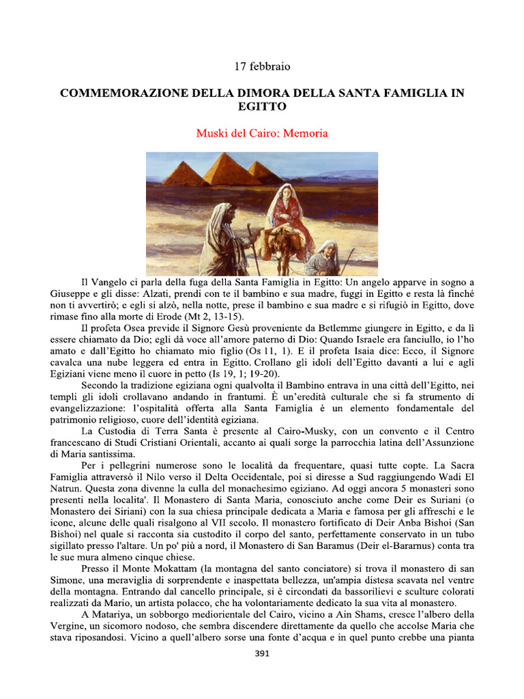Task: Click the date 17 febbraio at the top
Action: click(262, 67)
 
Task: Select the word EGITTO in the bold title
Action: click(262, 107)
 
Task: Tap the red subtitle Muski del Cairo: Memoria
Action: click(262, 133)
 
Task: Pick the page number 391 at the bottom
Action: click(262, 653)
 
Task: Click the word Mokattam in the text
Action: click(158, 569)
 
